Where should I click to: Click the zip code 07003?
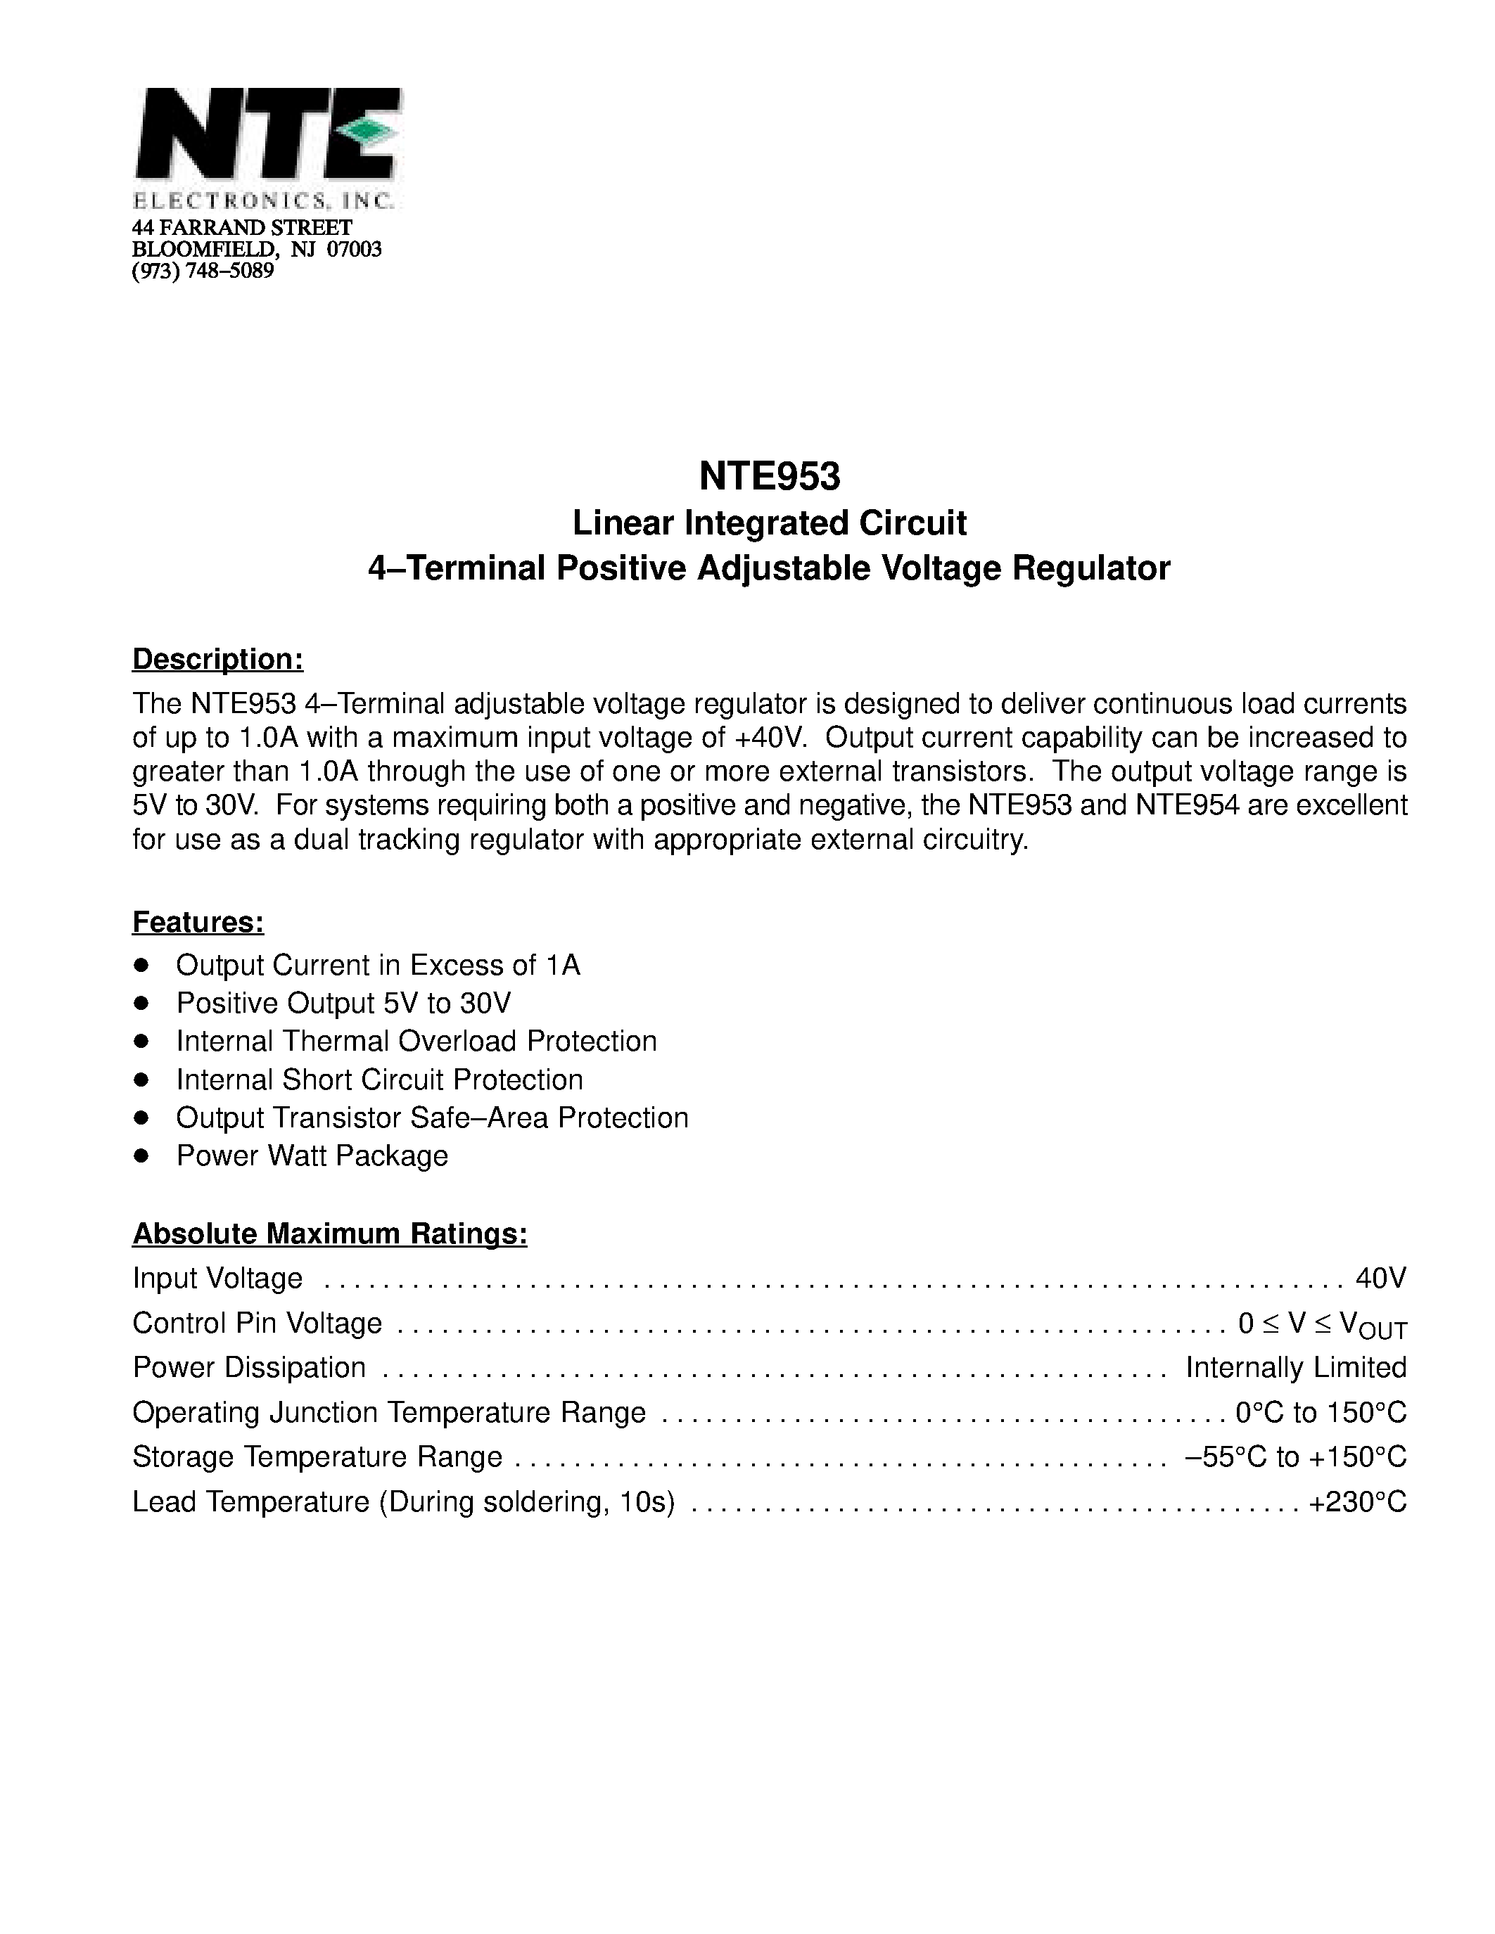[355, 250]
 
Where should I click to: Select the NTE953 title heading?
[769, 476]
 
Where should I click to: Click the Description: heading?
[218, 659]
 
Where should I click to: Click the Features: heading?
[198, 922]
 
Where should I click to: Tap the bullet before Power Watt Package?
[141, 1155]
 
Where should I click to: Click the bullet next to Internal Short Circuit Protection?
[141, 1080]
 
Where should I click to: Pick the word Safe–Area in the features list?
[479, 1118]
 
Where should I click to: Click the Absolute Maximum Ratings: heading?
[329, 1234]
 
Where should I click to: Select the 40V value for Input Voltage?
[1381, 1278]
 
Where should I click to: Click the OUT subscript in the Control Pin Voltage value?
[1387, 1331]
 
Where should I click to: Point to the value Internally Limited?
[1296, 1367]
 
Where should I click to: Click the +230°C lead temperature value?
[1357, 1502]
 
